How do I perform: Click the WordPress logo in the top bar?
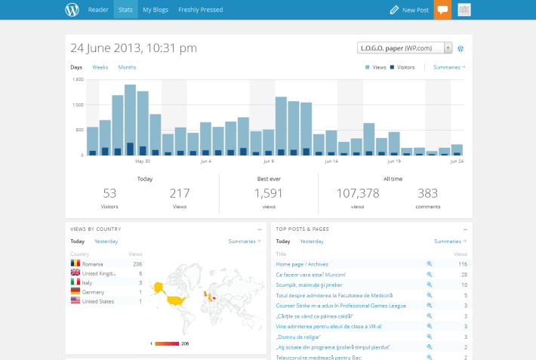coord(72,10)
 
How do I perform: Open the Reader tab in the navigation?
coord(98,10)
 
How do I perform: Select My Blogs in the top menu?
coord(156,10)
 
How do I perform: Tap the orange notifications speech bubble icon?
coord(442,10)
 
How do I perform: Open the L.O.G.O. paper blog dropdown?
coord(405,48)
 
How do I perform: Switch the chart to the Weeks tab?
coord(100,67)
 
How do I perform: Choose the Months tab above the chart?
coord(127,67)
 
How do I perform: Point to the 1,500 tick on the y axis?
coord(77,79)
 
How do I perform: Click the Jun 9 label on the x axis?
coord(268,161)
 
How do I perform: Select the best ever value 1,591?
coord(268,193)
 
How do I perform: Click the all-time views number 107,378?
coord(358,193)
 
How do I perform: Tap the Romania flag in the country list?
coord(75,264)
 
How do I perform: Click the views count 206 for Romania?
coord(137,264)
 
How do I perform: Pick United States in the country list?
coord(98,300)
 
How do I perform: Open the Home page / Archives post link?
coord(303,264)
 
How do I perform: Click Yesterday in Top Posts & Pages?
coord(311,242)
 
